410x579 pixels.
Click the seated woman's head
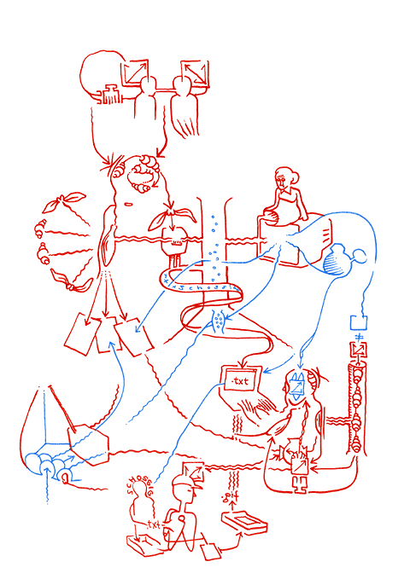284,179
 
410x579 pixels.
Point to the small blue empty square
359,322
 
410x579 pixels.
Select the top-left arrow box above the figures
137,72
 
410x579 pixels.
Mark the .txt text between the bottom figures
154,526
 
